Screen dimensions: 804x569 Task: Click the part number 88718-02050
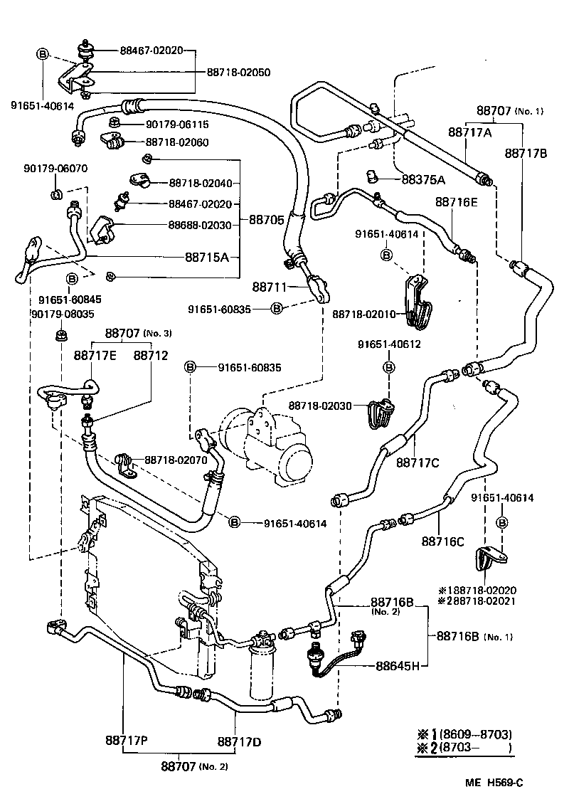point(238,72)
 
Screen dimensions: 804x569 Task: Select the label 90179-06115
point(177,125)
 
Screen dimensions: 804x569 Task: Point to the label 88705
point(266,220)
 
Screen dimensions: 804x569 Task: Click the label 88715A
point(207,257)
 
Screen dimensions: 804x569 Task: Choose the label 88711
point(269,287)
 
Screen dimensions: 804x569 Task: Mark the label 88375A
point(422,179)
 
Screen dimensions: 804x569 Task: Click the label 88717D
point(239,741)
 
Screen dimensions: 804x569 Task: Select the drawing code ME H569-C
point(494,783)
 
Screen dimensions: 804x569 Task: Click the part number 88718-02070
point(176,460)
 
